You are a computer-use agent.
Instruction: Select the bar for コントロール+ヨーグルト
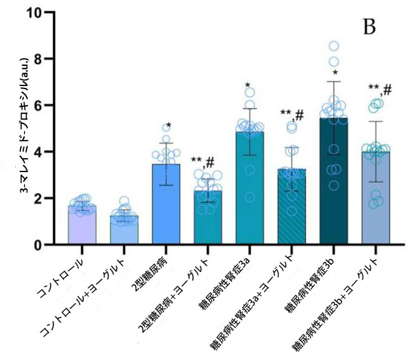pos(124,230)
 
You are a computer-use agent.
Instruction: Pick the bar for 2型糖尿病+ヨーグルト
pos(207,218)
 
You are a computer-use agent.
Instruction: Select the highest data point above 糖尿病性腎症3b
pos(333,46)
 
